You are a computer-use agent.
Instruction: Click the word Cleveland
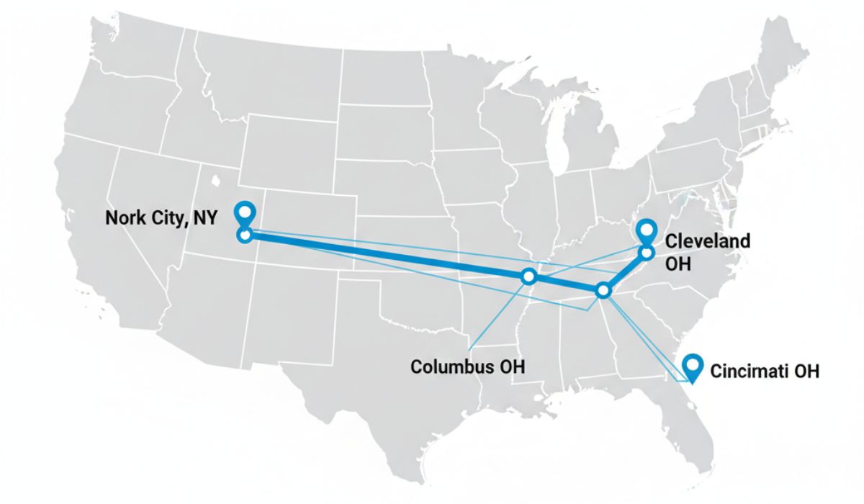click(706, 241)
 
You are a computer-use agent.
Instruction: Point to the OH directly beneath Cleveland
click(678, 264)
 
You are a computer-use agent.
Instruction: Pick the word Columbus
click(453, 366)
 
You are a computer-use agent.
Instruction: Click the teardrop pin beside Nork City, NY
click(246, 212)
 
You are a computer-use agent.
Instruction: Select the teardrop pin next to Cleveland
click(647, 230)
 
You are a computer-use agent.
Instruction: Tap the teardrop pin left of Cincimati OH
click(693, 366)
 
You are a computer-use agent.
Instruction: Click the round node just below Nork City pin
click(246, 235)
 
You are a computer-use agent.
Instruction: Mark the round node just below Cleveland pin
click(647, 253)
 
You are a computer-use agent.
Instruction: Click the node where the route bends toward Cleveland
click(603, 290)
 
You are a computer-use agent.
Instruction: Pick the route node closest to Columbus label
click(529, 276)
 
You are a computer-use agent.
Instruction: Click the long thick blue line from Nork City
click(389, 256)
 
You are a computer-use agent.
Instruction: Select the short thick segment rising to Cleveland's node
click(625, 271)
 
